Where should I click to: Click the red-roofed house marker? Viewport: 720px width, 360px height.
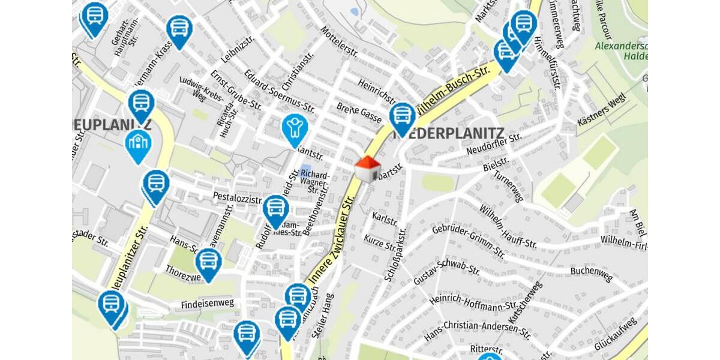(x=367, y=169)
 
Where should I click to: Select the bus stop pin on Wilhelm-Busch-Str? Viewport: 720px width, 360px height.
(x=402, y=118)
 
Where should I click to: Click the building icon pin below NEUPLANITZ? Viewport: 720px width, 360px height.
(x=138, y=145)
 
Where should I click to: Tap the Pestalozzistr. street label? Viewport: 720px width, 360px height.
(x=238, y=198)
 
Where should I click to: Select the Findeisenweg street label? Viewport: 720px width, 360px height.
(x=208, y=304)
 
